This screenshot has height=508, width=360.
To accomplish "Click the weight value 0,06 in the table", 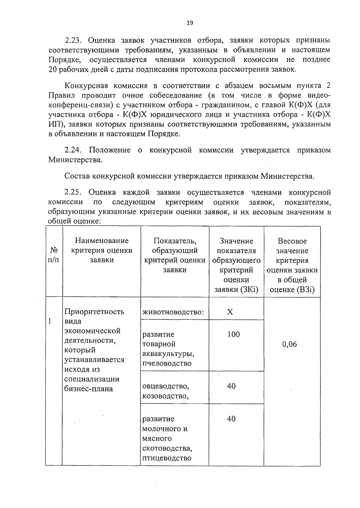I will click(x=289, y=344).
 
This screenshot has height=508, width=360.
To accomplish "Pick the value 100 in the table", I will click(x=233, y=334).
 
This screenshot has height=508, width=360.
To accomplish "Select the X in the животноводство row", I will click(x=230, y=312).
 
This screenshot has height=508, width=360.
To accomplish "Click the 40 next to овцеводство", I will click(x=231, y=386).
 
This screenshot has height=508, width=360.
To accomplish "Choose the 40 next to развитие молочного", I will click(x=231, y=419).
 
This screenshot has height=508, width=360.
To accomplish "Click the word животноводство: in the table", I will click(x=173, y=312).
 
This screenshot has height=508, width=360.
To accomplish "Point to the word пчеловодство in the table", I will click(x=167, y=363).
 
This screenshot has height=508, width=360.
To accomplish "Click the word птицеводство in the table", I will click(x=167, y=458).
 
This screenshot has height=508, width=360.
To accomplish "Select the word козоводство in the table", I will click(x=165, y=396).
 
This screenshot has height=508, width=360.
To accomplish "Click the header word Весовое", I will click(x=292, y=241).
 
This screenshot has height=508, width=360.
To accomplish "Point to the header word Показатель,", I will click(x=175, y=241).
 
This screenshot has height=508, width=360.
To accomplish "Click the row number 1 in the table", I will click(x=50, y=321).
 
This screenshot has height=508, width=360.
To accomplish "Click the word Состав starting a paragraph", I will click(x=77, y=176).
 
